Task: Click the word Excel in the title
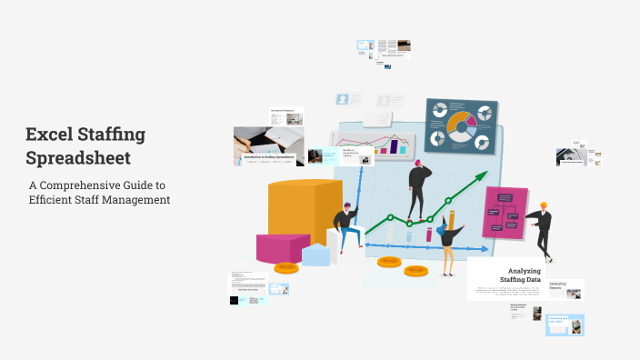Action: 51,135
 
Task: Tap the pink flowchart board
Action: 505,213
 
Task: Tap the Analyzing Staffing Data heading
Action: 525,275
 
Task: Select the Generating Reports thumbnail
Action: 565,289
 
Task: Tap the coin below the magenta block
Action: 287,269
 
